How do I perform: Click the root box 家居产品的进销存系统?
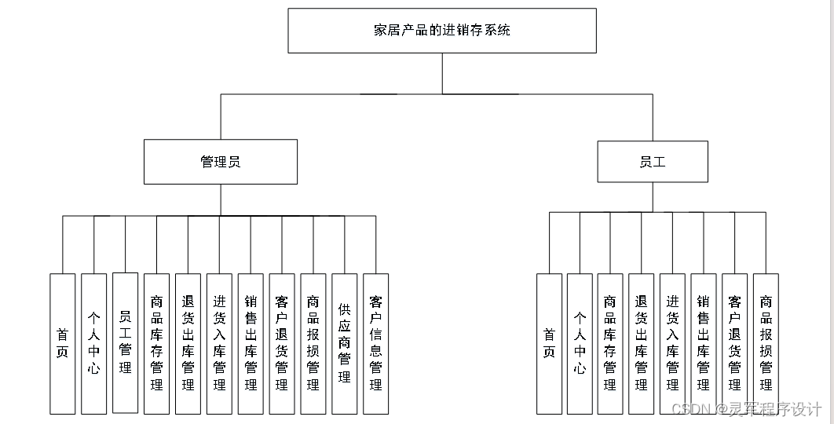441,31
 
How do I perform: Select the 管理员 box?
220,162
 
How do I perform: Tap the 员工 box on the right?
652,162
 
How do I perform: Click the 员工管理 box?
125,342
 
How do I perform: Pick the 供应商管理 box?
344,343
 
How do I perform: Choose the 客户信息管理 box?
375,343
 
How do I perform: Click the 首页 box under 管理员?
63,343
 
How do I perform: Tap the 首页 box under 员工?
549,343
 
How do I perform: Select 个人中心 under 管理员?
93,343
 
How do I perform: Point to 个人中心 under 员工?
580,343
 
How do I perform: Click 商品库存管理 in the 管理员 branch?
156,343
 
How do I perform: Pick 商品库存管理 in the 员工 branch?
610,343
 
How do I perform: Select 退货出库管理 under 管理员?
188,343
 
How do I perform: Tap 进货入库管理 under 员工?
672,343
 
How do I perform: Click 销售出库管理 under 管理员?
251,343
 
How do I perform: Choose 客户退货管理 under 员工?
734,343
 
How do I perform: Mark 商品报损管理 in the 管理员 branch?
313,343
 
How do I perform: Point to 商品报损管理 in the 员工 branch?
766,343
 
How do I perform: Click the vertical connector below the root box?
442,73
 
